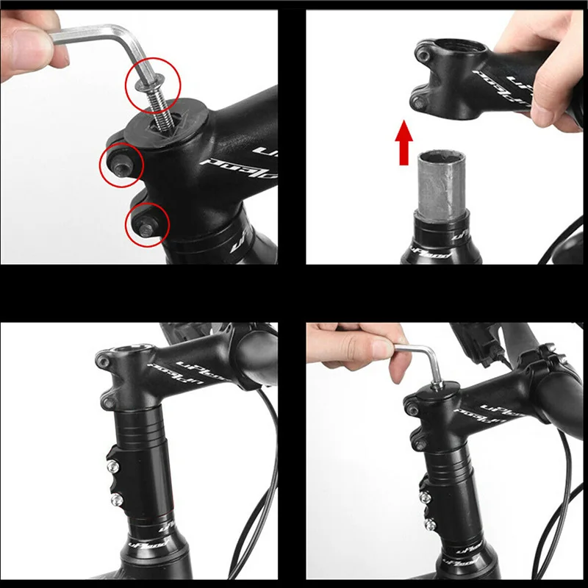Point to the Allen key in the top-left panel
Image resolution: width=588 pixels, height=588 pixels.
(x=88, y=37)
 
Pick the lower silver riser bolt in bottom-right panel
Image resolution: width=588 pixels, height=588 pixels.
(x=428, y=523)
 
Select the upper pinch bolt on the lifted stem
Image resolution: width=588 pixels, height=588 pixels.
(x=423, y=53)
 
